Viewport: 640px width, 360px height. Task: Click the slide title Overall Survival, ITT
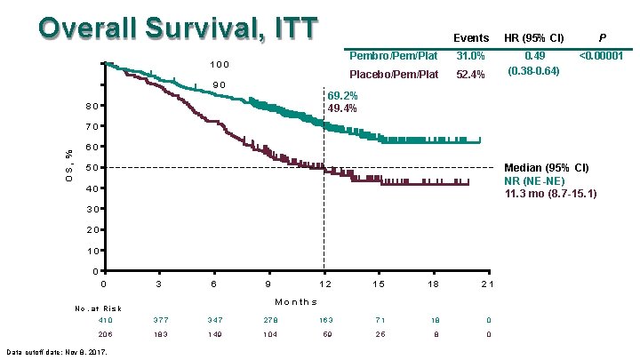click(x=177, y=27)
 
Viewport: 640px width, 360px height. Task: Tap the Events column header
click(x=471, y=38)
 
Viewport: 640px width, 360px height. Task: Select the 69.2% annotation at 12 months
click(x=342, y=95)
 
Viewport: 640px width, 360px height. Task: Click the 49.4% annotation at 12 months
click(x=342, y=108)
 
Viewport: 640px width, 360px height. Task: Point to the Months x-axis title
click(x=296, y=301)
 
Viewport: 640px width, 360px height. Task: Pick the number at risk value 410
click(x=107, y=320)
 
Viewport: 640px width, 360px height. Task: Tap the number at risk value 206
click(x=107, y=334)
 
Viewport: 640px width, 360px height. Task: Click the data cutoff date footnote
click(x=57, y=352)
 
